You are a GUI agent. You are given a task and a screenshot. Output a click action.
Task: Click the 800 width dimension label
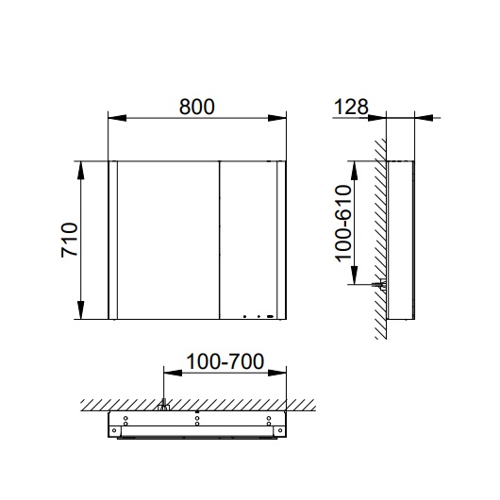pos(197,107)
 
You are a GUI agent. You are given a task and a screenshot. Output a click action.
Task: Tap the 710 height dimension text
pos(68,242)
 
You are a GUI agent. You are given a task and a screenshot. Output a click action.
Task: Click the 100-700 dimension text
pos(225,362)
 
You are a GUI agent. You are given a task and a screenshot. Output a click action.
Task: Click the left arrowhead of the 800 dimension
pos(113,118)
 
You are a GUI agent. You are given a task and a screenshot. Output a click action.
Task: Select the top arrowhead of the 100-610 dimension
pos(356,164)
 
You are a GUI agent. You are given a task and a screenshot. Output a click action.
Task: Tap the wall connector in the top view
pos(163,407)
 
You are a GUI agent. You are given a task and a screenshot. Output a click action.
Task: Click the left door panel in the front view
pos(166,241)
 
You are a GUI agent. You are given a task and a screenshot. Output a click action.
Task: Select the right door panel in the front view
pos(246,241)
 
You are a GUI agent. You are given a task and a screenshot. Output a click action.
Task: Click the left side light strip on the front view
pos(114,241)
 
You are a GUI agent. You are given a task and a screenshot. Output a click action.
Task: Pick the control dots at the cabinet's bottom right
pos(257,317)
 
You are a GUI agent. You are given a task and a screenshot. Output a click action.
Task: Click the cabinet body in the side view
pos(400,241)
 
